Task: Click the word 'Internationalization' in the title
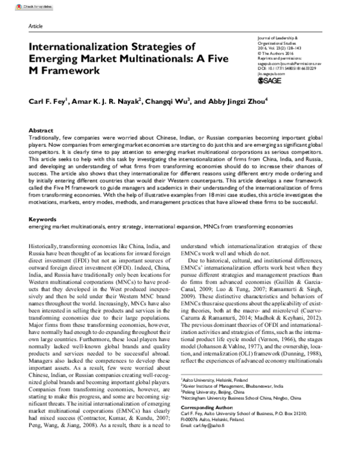click(82, 46)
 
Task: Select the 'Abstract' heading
click(41, 130)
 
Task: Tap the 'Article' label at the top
click(36, 27)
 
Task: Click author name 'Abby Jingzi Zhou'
click(238, 101)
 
